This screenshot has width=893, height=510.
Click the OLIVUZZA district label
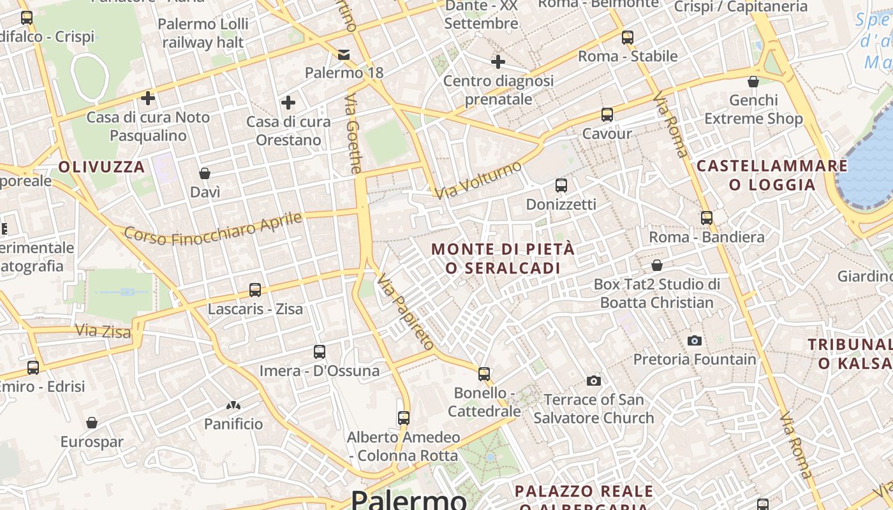101,167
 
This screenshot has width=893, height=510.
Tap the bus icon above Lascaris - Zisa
255,290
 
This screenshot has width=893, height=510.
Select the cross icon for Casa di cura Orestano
288,102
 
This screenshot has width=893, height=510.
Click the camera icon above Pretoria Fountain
695,340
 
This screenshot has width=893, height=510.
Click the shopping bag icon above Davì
205,173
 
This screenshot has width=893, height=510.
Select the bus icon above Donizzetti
561,186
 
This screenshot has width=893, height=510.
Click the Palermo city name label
409,499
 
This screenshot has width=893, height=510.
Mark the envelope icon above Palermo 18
344,54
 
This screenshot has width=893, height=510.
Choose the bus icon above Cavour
607,115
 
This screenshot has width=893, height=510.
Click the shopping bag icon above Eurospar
92,423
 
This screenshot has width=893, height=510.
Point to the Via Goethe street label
353,134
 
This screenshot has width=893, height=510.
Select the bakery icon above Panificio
233,405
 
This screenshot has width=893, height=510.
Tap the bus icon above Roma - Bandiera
707,218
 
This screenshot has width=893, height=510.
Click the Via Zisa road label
103,331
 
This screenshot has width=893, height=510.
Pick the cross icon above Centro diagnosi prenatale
498,62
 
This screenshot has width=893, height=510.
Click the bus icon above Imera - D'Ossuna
320,352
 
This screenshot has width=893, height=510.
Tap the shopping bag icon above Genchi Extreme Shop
753,82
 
